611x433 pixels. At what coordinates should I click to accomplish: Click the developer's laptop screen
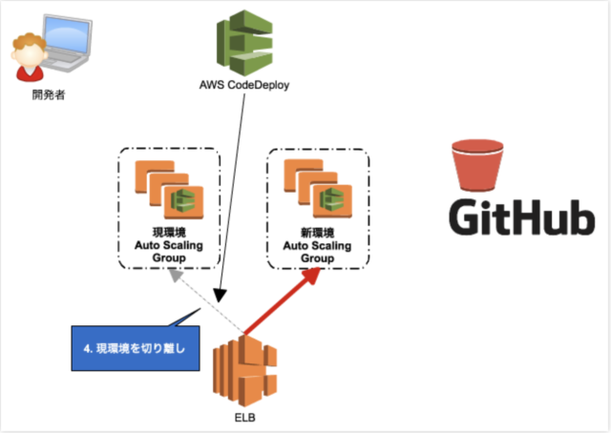(67, 35)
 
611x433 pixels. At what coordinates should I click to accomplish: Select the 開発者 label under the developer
(49, 94)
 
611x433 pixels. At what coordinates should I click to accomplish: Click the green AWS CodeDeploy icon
(244, 43)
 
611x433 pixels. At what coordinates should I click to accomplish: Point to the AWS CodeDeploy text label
(244, 85)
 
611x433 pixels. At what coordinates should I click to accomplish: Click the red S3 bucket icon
(477, 166)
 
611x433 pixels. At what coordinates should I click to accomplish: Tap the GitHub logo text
(522, 216)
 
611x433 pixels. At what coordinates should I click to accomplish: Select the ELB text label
(244, 418)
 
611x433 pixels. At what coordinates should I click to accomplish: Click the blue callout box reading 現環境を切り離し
(136, 348)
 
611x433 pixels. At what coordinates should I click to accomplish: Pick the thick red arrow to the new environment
(282, 301)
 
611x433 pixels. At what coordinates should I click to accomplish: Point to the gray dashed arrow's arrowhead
(176, 276)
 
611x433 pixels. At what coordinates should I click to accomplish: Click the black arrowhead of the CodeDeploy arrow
(221, 296)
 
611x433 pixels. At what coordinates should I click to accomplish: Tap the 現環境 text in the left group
(169, 233)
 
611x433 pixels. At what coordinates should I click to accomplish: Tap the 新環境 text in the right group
(318, 233)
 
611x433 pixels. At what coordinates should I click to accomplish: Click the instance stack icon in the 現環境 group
(169, 190)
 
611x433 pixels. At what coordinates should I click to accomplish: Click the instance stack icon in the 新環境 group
(318, 189)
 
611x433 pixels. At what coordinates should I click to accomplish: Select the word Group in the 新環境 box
(318, 258)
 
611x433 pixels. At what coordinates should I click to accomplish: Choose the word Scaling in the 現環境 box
(182, 245)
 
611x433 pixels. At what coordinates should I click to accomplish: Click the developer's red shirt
(30, 73)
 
